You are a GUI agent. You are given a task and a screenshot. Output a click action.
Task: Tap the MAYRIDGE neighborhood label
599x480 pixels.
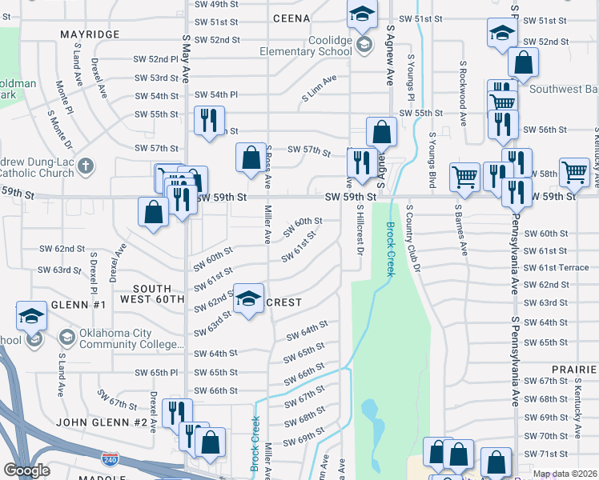click(90, 35)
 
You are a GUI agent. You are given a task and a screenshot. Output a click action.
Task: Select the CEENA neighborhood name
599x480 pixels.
click(291, 18)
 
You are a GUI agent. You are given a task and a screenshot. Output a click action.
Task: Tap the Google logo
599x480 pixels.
click(26, 470)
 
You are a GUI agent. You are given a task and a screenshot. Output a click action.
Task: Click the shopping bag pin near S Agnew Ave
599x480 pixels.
click(382, 132)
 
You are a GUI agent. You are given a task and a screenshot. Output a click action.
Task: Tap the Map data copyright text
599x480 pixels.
click(563, 474)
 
